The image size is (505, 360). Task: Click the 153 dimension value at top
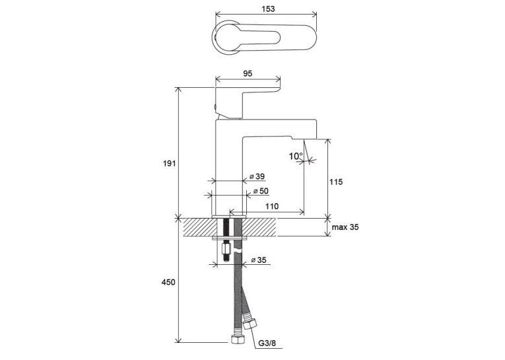tap(268, 9)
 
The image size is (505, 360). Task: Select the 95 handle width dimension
tap(248, 73)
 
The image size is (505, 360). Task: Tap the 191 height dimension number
tap(169, 163)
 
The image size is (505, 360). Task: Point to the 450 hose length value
tap(168, 282)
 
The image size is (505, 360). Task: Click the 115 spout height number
tap(336, 182)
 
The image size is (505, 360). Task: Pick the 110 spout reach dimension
tap(272, 206)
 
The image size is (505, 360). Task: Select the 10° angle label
tap(296, 157)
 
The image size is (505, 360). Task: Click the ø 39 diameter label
tap(257, 176)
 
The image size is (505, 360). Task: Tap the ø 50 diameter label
tap(261, 191)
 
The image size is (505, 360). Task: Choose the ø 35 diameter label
tap(259, 260)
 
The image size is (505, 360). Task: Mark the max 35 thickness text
tap(345, 227)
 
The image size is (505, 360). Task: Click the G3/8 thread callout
tap(267, 343)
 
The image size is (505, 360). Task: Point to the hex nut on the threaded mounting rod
tap(226, 250)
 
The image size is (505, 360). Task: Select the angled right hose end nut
tap(250, 323)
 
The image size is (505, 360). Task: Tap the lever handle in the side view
tap(247, 102)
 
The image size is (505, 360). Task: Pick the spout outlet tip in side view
tap(304, 139)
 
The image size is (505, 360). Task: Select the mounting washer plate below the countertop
tap(229, 239)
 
